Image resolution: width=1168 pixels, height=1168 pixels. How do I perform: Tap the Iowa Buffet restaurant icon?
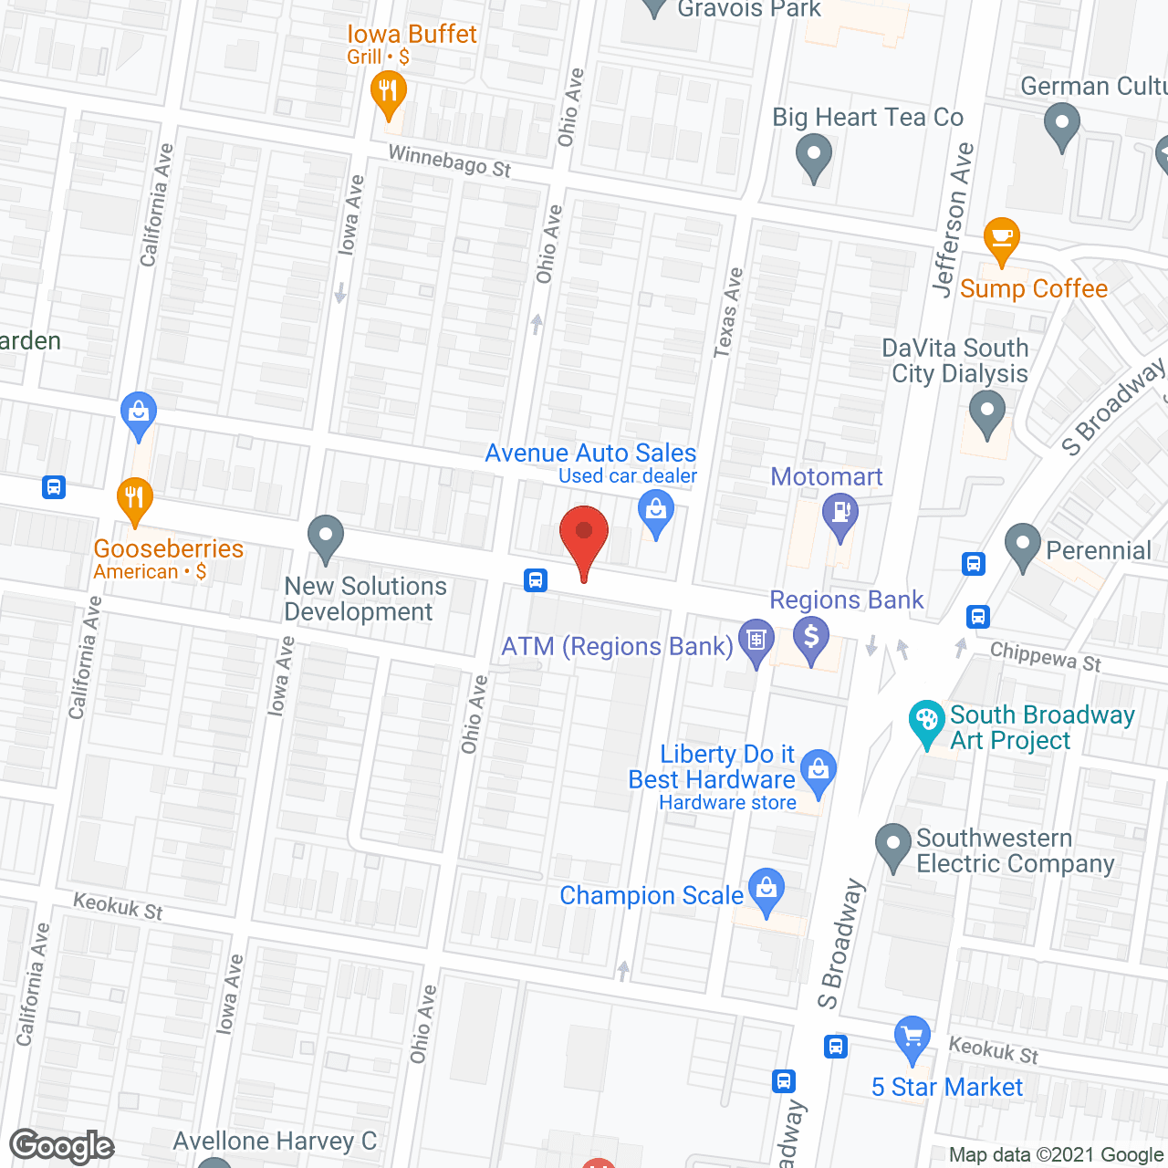[x=389, y=92]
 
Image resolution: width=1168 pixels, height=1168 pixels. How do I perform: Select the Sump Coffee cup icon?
[x=1002, y=239]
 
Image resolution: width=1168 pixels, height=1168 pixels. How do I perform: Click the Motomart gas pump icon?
[x=840, y=513]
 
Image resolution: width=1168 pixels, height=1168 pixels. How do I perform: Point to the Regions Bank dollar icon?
[x=810, y=635]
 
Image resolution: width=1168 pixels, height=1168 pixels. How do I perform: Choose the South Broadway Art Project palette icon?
[x=927, y=721]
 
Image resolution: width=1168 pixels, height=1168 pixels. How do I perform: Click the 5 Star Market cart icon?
[x=912, y=1038]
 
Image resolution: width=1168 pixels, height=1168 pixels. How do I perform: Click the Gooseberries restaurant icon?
[x=135, y=498]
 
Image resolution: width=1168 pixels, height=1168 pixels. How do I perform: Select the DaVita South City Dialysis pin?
[x=986, y=412]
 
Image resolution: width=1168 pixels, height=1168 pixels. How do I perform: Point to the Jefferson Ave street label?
[x=953, y=219]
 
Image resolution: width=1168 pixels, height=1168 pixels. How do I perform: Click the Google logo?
[x=62, y=1146]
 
